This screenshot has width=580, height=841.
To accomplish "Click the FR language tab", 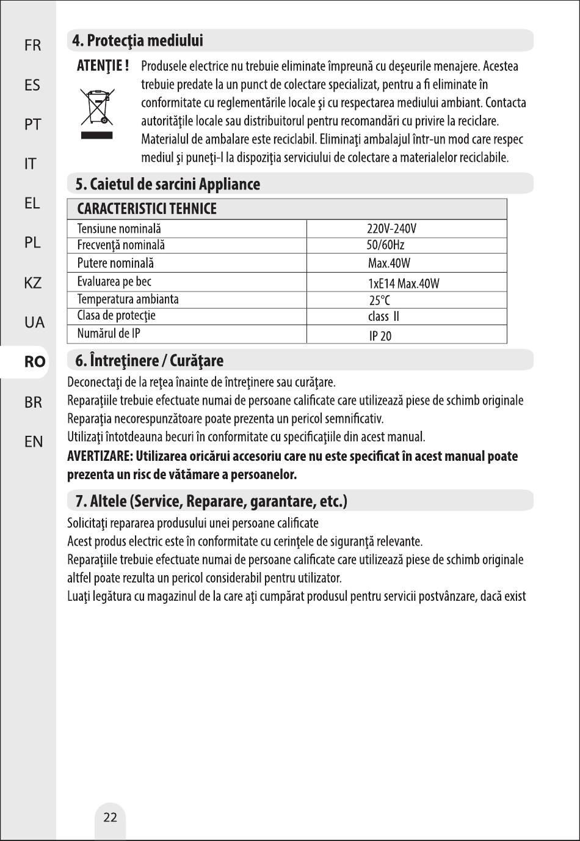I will tap(32, 45).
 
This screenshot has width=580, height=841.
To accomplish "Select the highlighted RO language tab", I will tap(35, 362).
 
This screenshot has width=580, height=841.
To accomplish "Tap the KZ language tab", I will tap(33, 283).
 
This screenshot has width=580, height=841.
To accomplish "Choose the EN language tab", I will tap(34, 441).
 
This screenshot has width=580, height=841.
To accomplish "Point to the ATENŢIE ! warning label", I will tap(103, 66).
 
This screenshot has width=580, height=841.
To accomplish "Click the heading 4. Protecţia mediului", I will tap(137, 41).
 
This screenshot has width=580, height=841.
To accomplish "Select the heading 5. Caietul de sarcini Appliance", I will tap(167, 184).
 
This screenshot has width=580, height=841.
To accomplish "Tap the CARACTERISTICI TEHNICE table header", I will tap(147, 209).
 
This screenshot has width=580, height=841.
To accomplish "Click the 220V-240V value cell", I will tap(391, 229).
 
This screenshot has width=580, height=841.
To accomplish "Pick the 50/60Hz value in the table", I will tap(385, 245).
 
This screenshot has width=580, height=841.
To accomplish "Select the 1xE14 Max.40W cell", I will tap(404, 284).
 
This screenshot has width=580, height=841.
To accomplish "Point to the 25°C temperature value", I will tap(379, 300).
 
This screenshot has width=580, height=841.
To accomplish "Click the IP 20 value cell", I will tap(380, 336).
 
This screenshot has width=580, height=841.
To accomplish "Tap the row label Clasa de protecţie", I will tap(116, 315).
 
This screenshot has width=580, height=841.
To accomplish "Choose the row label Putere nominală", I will tap(115, 263).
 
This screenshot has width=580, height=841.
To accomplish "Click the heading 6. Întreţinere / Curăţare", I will tap(149, 361).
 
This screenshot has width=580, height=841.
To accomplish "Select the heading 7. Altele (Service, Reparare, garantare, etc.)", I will tap(211, 501).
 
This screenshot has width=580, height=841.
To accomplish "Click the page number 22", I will tap(110, 817).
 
